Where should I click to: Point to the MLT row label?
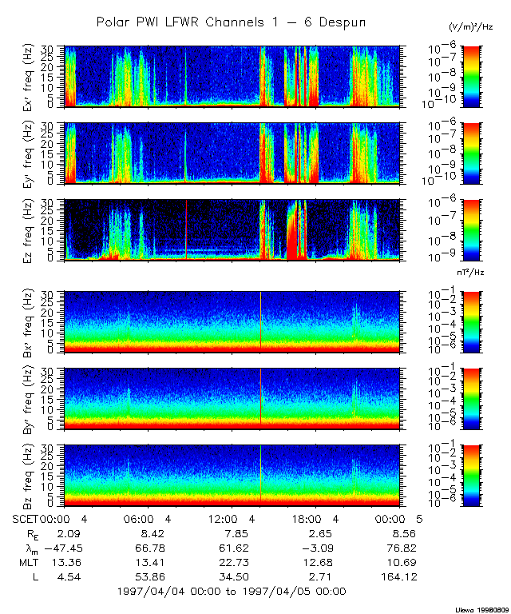pyautogui.click(x=26, y=562)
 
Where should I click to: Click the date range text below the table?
pyautogui.click(x=232, y=592)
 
